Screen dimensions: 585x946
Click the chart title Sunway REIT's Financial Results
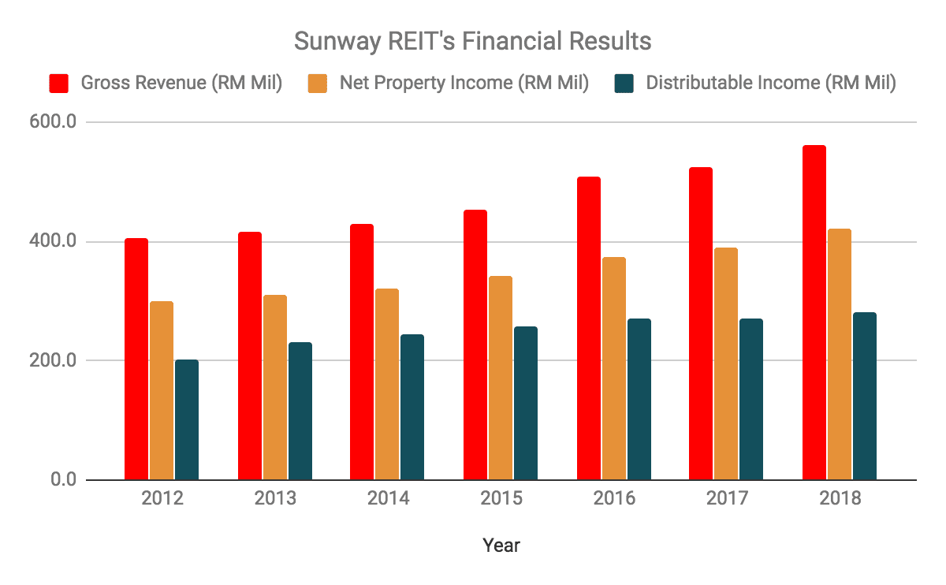[472, 40]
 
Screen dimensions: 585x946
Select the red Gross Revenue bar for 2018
[814, 312]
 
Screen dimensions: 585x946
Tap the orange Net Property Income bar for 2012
[162, 390]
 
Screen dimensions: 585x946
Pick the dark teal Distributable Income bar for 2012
[187, 419]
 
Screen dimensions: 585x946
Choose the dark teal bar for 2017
[750, 399]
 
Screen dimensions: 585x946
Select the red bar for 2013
[250, 356]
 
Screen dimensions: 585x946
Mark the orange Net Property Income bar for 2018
[839, 354]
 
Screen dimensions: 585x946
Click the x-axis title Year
[501, 545]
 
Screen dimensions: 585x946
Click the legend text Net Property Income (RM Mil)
[464, 83]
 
